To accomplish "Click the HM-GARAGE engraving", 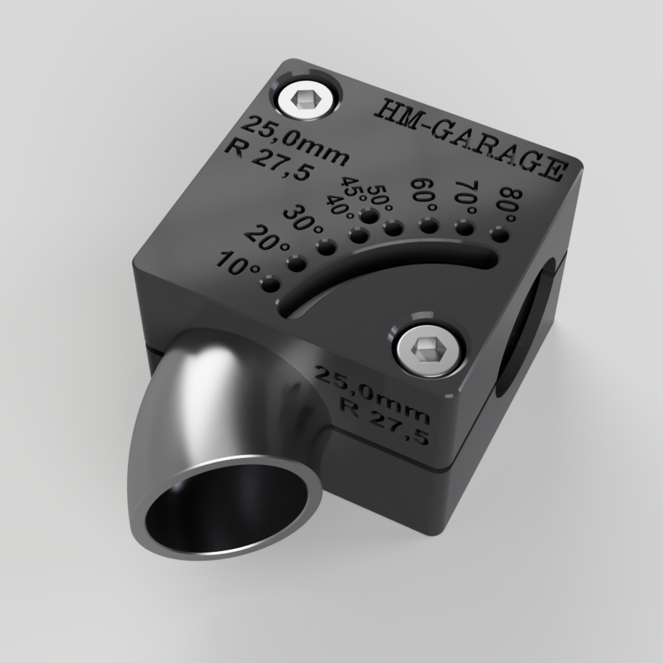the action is pos(470,138).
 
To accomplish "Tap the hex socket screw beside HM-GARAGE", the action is pos(305,100).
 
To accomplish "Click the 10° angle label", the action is pos(238,264).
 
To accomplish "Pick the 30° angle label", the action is pos(303,218).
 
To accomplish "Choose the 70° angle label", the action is pos(466,197).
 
